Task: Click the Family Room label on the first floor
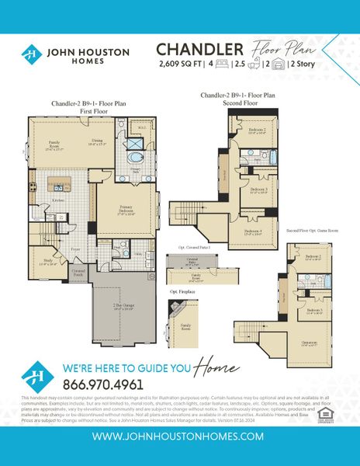55,144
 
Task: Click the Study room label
47,261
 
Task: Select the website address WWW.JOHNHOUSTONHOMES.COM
180,436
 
